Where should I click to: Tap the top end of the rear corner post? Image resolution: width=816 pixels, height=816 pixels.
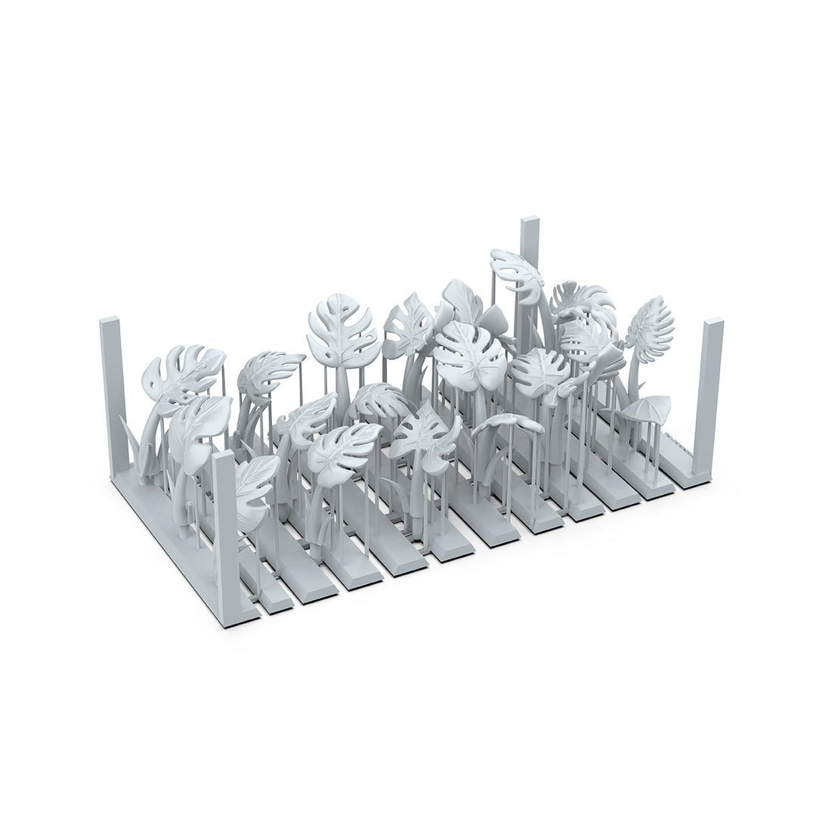(530, 222)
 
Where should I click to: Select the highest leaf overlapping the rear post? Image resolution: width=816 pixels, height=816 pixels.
(518, 268)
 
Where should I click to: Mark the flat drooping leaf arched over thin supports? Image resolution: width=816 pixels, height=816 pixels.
(509, 423)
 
